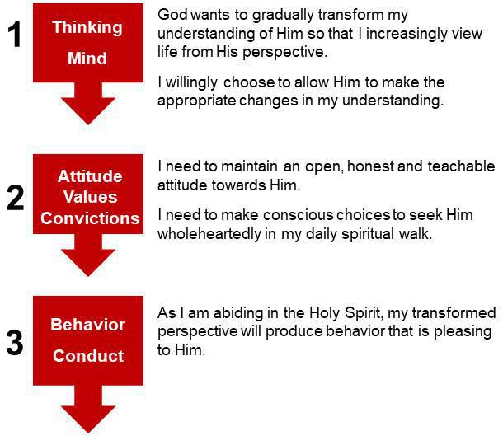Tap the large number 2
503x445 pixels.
click(x=15, y=199)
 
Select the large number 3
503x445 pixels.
click(x=14, y=344)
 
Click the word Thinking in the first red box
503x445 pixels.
click(x=87, y=27)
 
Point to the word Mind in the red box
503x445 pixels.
click(x=87, y=59)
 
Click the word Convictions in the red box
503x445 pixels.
click(x=90, y=218)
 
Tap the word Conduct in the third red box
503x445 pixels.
click(x=88, y=356)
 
